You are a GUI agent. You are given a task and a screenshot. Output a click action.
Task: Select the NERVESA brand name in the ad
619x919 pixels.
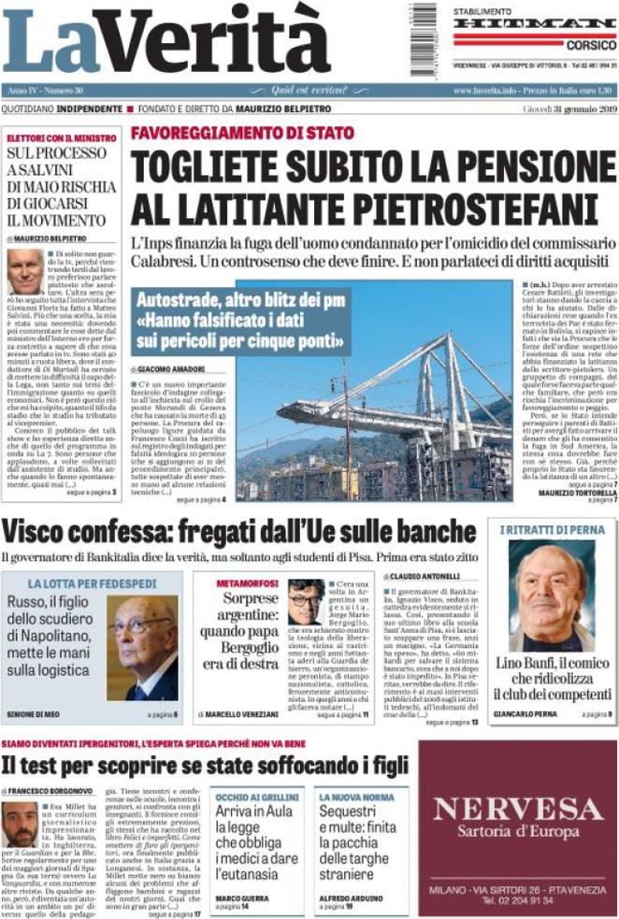click(517, 809)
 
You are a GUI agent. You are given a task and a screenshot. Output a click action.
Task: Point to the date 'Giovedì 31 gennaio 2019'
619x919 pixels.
click(568, 109)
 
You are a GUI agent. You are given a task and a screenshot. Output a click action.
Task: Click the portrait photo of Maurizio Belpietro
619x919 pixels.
click(25, 270)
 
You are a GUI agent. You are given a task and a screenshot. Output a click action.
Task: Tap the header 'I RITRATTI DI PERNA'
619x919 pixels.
click(553, 530)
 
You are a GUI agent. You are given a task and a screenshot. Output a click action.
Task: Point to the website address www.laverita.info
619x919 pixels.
click(483, 91)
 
